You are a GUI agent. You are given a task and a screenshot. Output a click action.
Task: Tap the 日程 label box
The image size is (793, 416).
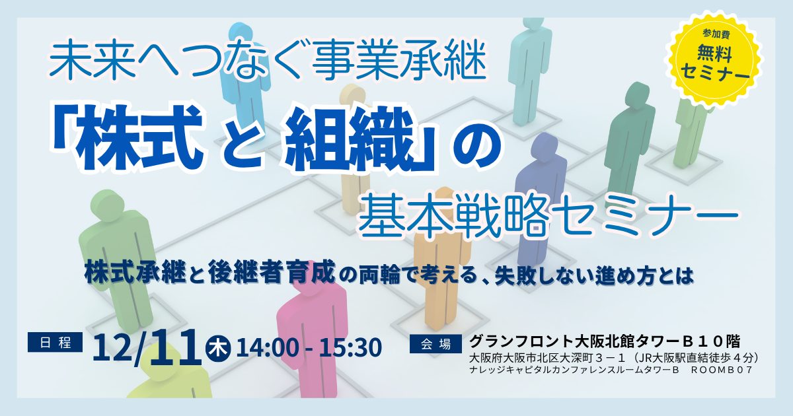point(55,342)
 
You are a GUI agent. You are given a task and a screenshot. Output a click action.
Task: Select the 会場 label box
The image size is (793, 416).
point(435,343)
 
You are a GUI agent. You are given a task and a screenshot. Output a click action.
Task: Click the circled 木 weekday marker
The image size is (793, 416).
point(217,348)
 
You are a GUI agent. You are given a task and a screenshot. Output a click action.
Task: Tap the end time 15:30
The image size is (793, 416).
point(350,348)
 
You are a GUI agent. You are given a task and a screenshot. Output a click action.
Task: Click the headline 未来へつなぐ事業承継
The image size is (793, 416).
point(268,61)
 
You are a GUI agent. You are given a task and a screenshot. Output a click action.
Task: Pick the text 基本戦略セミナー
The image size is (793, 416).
point(549,215)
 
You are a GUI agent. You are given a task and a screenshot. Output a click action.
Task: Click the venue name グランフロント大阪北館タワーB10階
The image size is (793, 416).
point(605,341)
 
